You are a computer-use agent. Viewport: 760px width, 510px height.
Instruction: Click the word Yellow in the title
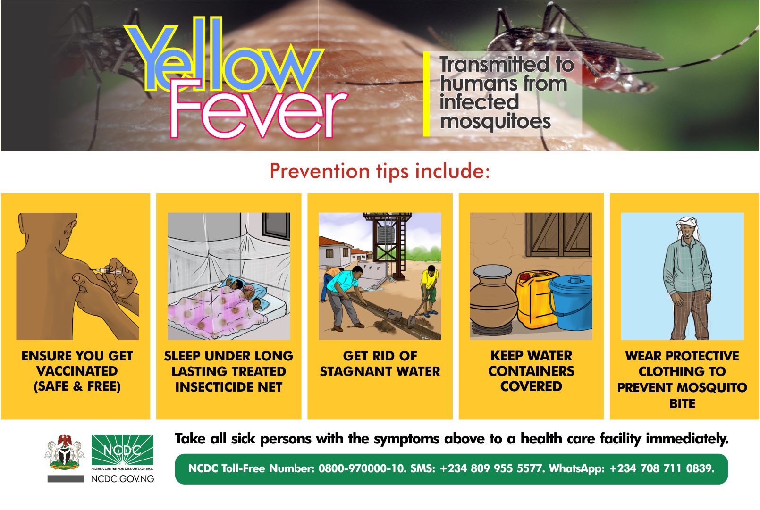(224, 56)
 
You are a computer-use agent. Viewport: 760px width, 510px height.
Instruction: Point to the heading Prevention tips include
(380, 171)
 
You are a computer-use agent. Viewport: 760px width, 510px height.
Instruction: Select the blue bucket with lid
(571, 302)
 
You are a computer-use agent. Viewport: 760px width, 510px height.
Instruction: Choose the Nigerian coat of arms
(64, 452)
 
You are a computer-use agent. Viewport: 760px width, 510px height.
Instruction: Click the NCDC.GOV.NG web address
(122, 479)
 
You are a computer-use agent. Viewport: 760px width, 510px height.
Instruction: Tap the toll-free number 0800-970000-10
(362, 468)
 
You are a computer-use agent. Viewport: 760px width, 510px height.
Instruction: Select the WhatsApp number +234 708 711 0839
(662, 468)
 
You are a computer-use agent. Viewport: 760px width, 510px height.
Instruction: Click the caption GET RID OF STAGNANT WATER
(380, 363)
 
